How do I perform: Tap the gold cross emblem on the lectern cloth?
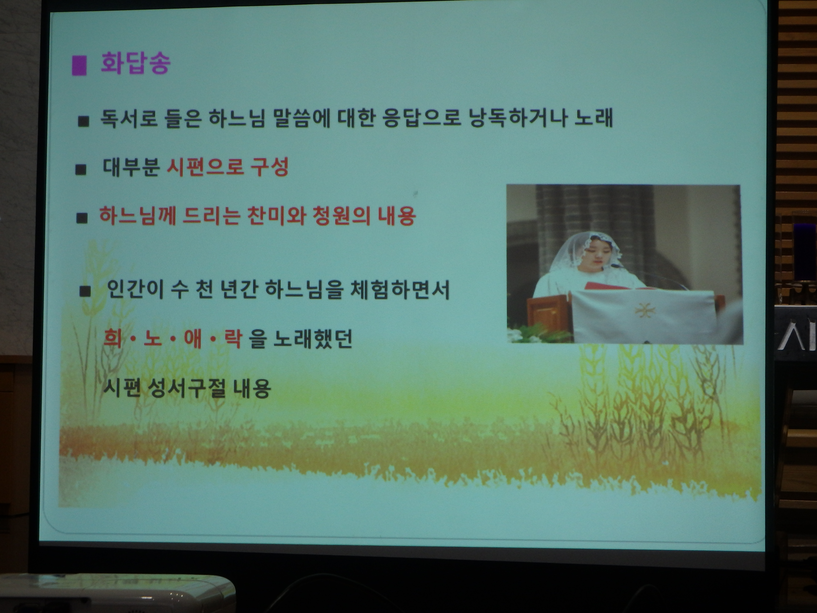[x=643, y=310]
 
